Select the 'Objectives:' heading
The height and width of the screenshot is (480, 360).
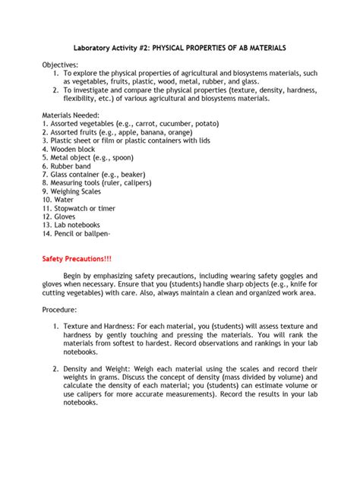coord(61,65)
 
